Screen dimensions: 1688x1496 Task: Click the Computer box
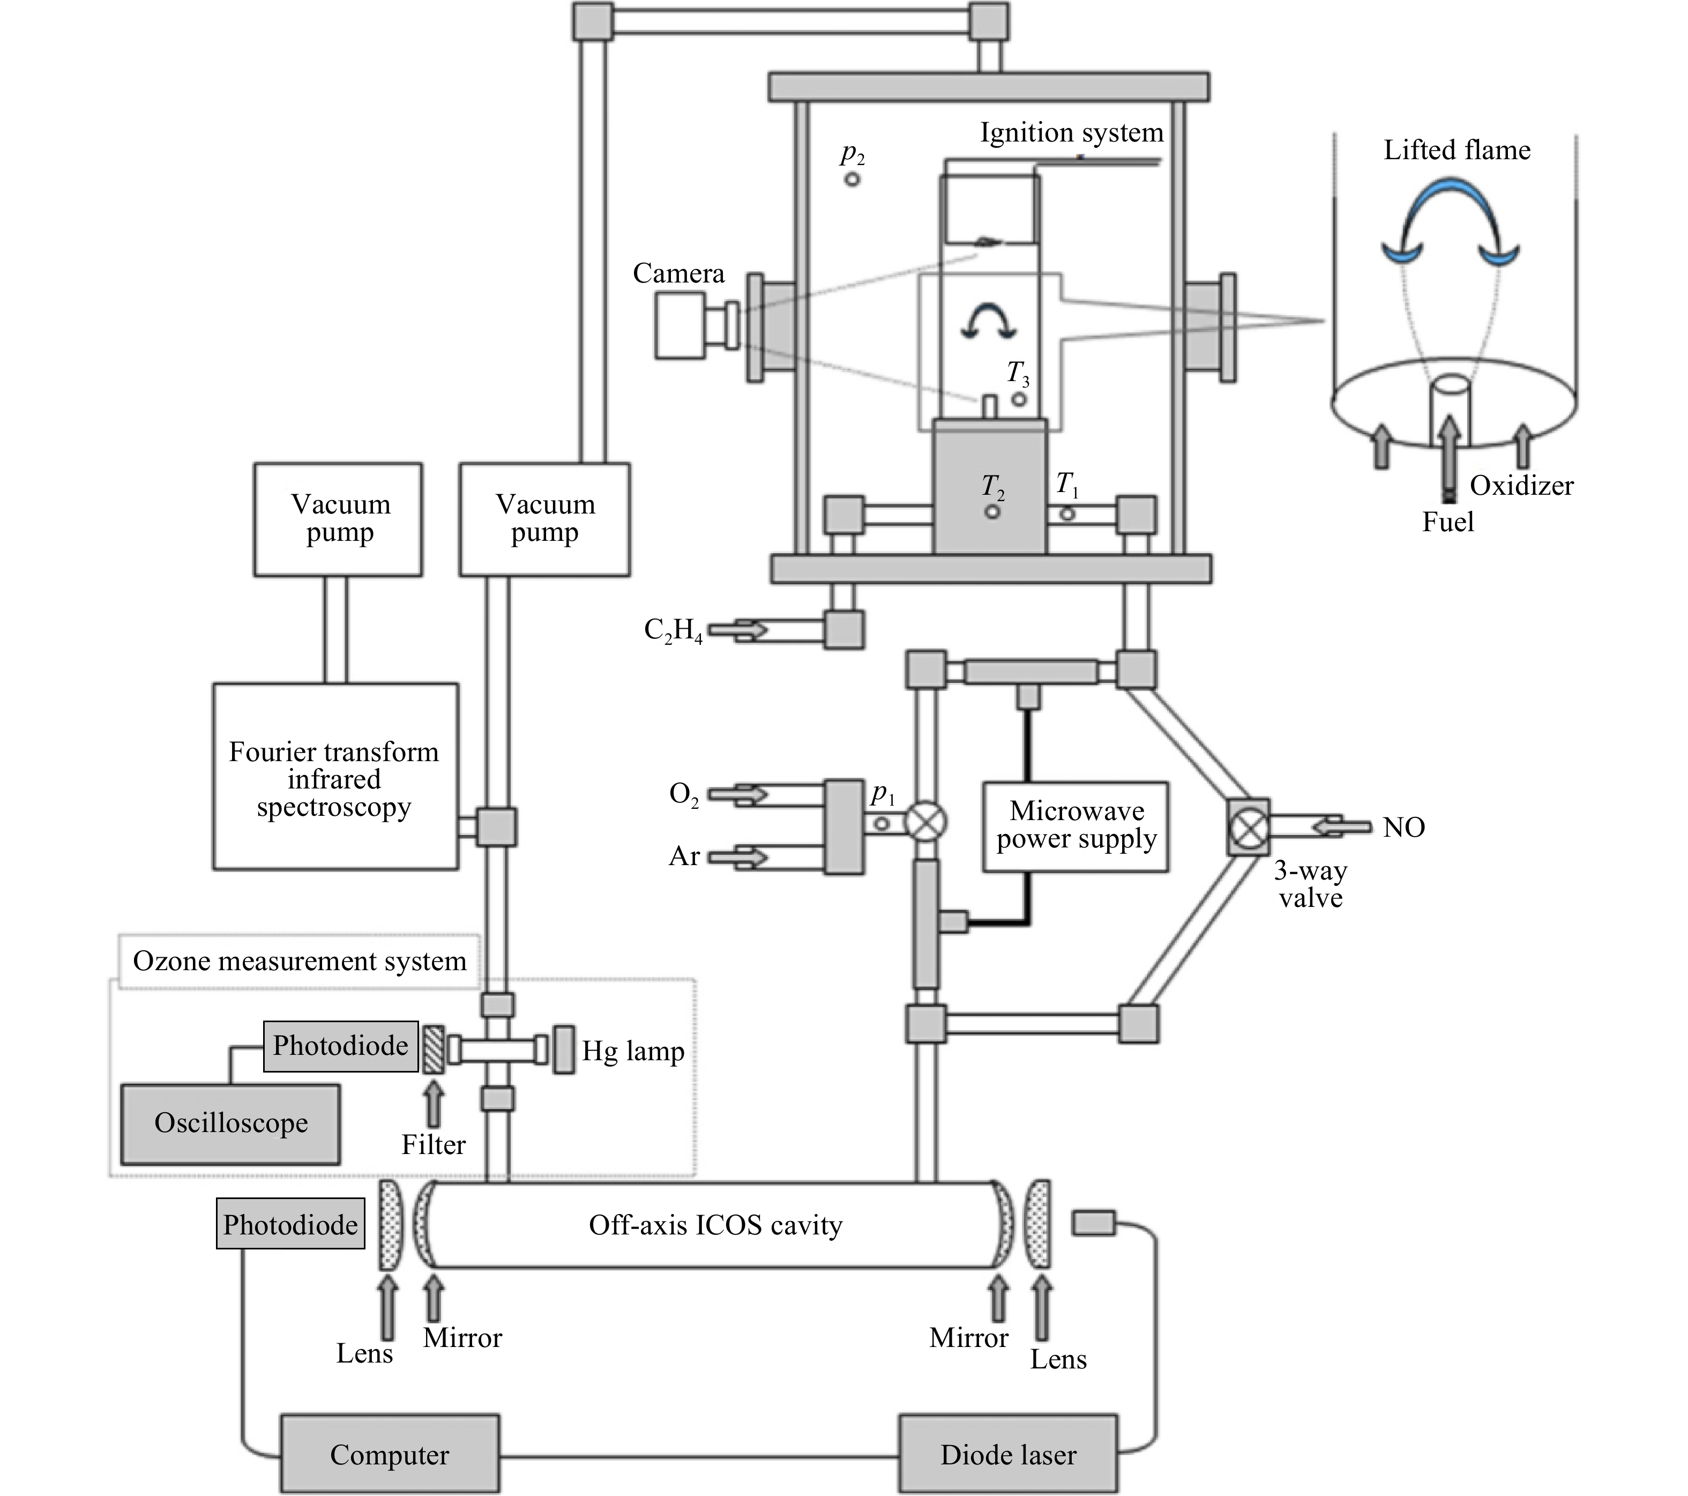click(x=389, y=1453)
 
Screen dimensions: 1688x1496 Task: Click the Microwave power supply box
click(x=1075, y=826)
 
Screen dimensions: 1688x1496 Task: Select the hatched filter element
click(x=434, y=1049)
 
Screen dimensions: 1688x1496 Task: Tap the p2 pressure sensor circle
click(x=852, y=178)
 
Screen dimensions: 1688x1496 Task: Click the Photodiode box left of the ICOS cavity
click(x=290, y=1224)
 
